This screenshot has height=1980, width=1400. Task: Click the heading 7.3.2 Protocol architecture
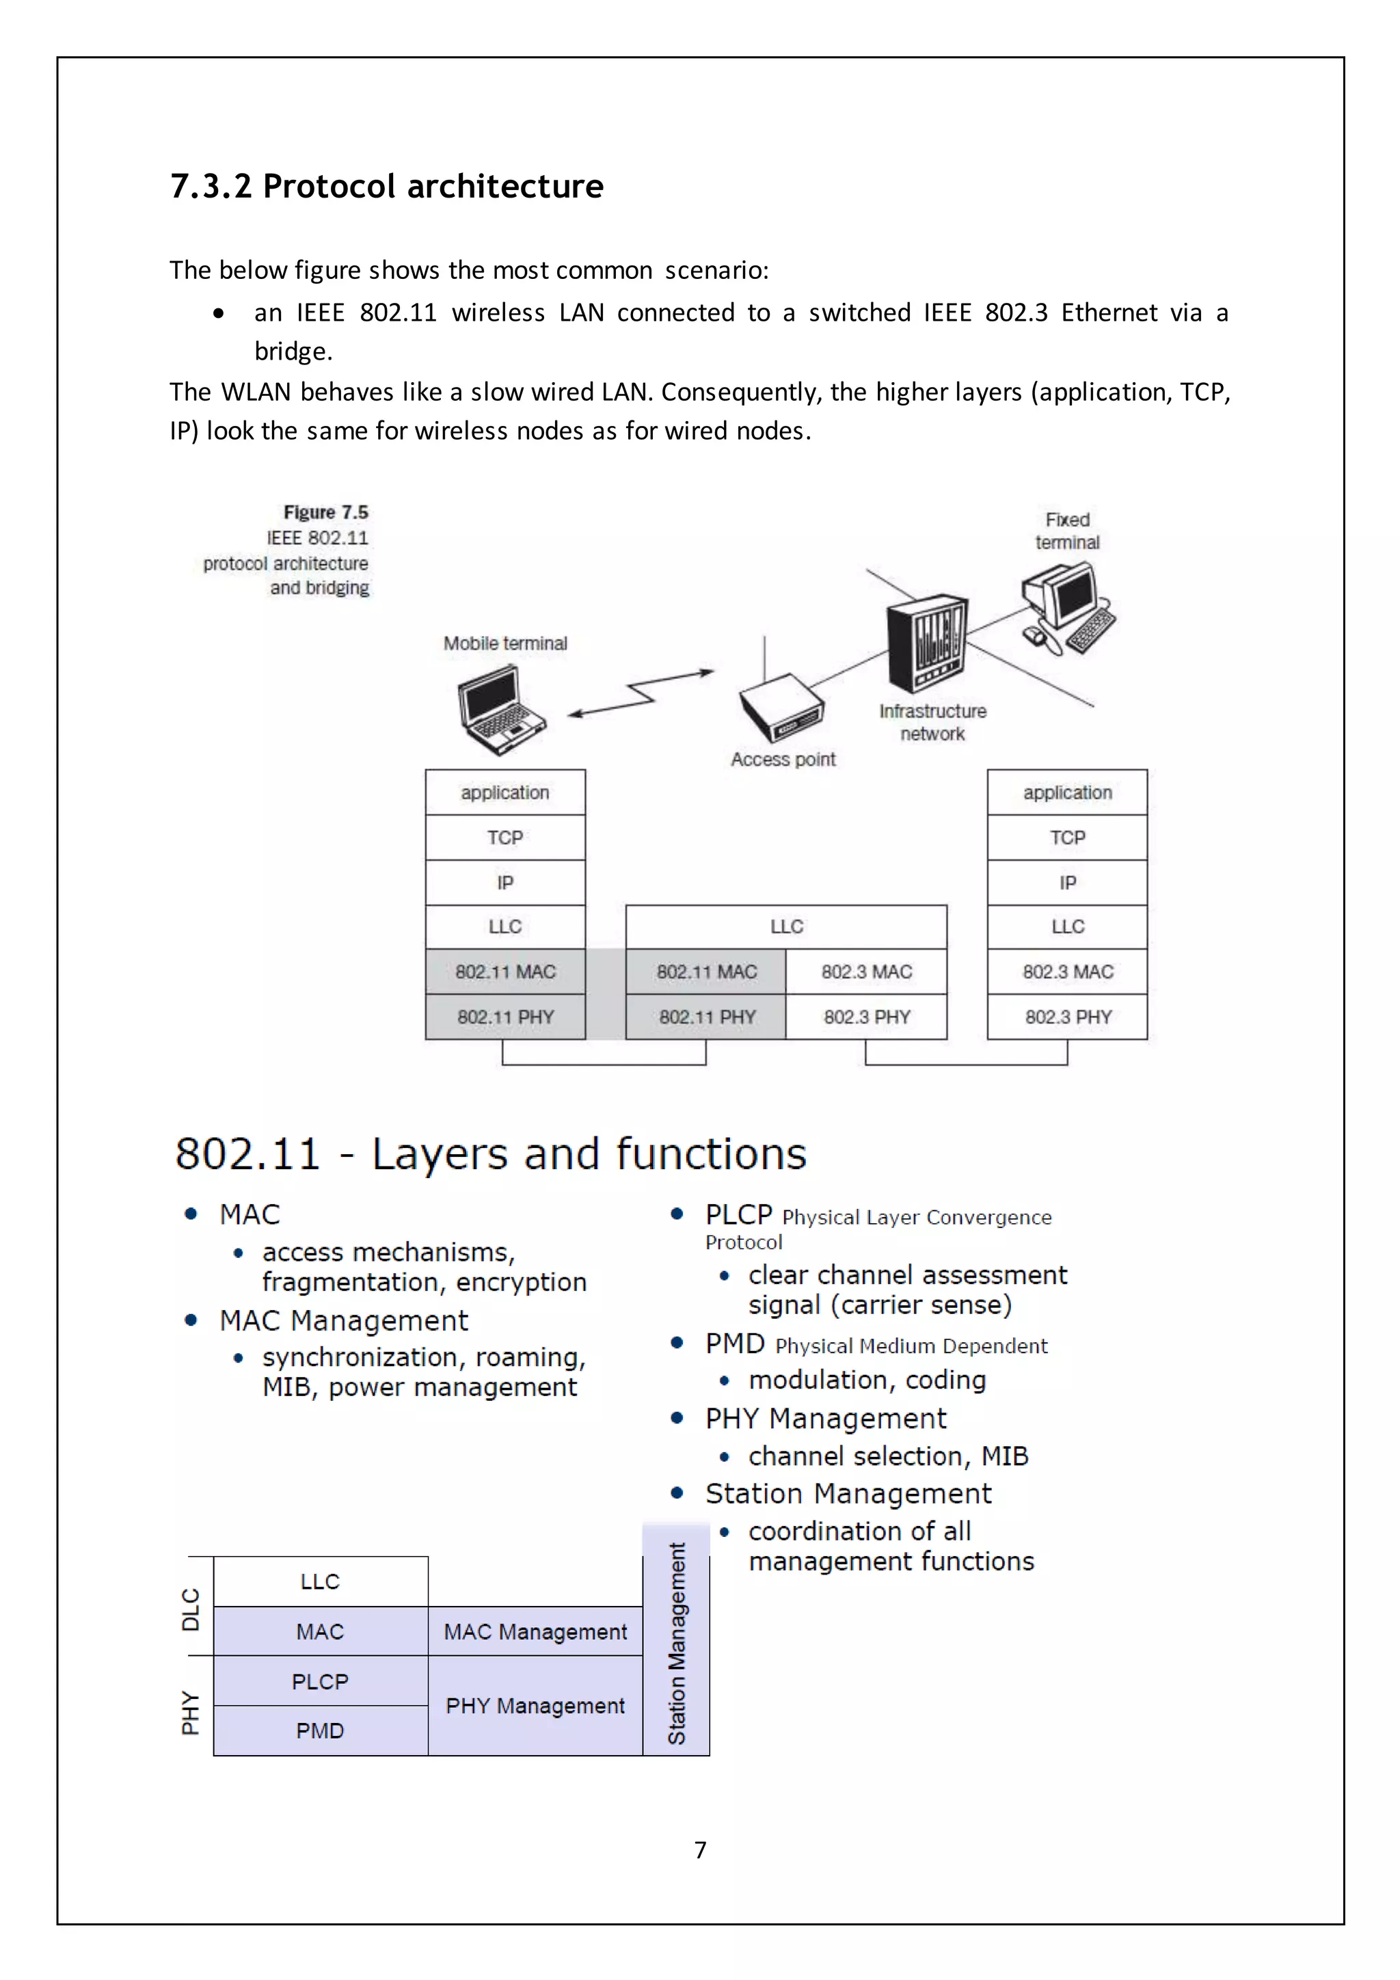coord(386,186)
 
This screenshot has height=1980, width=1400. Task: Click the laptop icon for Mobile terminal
coord(501,709)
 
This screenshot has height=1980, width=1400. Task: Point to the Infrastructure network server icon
coord(928,643)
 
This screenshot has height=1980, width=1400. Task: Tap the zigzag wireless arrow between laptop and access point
coord(641,693)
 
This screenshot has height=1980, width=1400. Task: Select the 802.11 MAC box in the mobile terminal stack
coord(505,972)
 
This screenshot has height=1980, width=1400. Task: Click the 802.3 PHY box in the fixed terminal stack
coord(1067,1017)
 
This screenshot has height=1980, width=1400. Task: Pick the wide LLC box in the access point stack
coord(786,927)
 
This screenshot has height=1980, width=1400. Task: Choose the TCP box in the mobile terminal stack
coord(505,838)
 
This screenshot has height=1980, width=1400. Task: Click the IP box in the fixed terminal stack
coord(1067,882)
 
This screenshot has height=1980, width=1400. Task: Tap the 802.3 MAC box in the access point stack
coord(866,972)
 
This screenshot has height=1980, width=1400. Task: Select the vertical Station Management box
coord(677,1643)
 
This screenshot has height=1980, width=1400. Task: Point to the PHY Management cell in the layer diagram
coord(535,1705)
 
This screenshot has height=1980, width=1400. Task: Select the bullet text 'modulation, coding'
coord(866,1380)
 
